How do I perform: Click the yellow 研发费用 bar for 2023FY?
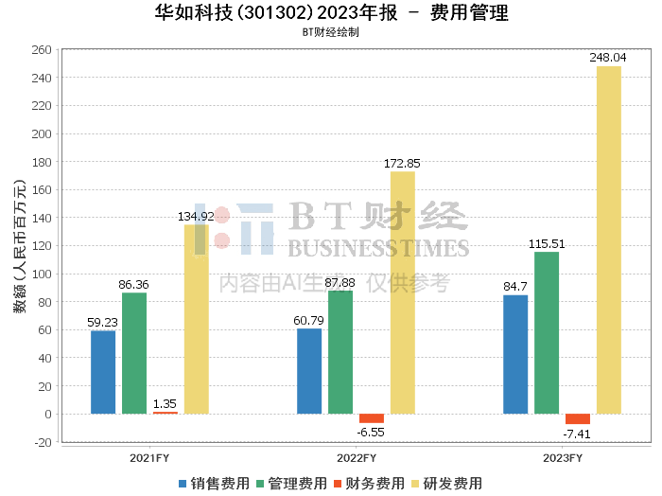(x=609, y=240)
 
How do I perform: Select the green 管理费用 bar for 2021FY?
(x=134, y=353)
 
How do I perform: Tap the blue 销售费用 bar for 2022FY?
(x=309, y=371)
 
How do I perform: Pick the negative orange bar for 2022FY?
(x=372, y=418)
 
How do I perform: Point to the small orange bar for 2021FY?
(x=165, y=413)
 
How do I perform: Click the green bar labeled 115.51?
(x=547, y=333)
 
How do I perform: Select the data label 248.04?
(x=608, y=58)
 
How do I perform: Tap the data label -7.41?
(x=577, y=434)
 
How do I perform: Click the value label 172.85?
(x=402, y=164)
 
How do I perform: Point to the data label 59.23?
(x=102, y=323)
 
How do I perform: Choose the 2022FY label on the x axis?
(x=357, y=458)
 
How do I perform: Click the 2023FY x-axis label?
(x=563, y=458)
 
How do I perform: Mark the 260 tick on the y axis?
(x=42, y=50)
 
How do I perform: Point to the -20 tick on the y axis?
(x=42, y=442)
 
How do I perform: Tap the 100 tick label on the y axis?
(x=42, y=274)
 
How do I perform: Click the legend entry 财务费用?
(x=370, y=484)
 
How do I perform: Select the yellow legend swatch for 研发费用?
(x=415, y=484)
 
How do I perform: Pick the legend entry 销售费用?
(x=214, y=484)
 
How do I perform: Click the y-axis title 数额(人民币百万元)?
(x=20, y=246)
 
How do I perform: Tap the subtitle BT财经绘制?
(x=331, y=32)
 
